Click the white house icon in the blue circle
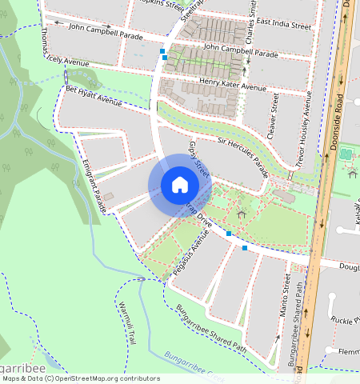click(180, 185)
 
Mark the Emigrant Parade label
click(94, 185)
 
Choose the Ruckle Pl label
click(346, 322)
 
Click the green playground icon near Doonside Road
click(346, 154)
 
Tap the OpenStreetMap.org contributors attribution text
click(108, 378)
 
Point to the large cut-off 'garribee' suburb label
click(16, 369)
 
